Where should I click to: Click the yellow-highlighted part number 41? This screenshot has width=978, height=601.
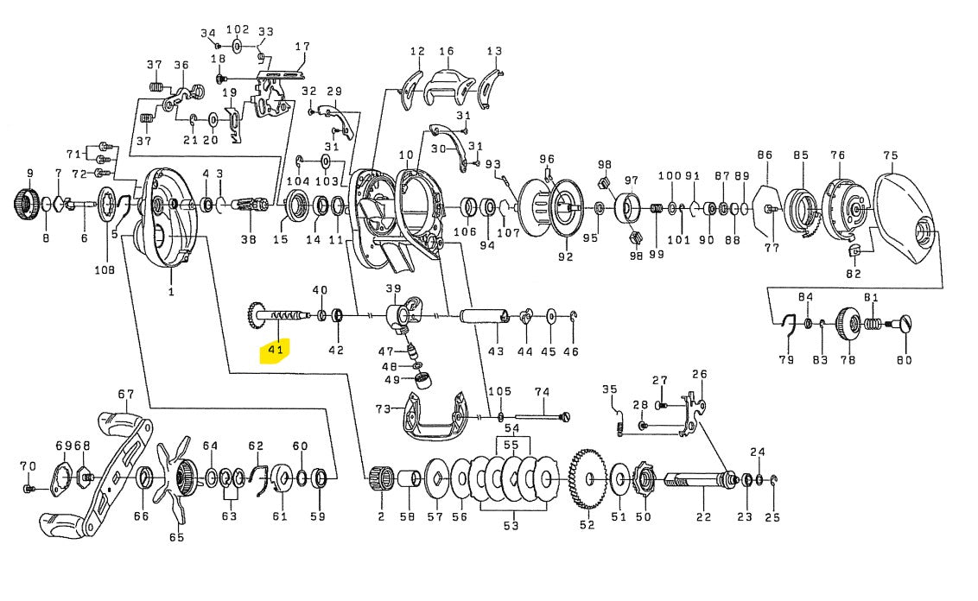[x=276, y=350]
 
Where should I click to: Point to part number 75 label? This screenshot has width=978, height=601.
[x=891, y=155]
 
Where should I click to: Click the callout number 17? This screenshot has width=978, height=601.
[x=302, y=47]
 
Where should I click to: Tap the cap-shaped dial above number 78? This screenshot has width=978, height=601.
[x=847, y=324]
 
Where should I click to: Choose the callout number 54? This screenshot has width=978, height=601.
[x=511, y=429]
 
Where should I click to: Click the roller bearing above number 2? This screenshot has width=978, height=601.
[x=378, y=477]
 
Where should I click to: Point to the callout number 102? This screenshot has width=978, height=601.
[x=237, y=28]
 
